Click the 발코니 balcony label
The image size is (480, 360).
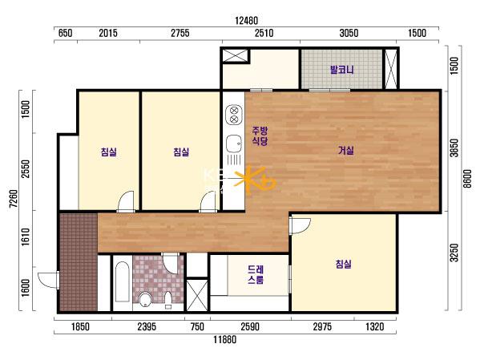pos(341,70)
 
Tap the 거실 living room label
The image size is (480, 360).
pos(346,150)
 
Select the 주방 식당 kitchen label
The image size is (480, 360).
pos(260,136)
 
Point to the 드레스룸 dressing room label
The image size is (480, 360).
pos(256,274)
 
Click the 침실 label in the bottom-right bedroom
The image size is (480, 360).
pos(343,264)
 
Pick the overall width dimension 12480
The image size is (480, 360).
pos(247,21)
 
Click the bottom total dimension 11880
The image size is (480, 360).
pos(225,339)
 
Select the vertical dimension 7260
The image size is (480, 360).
pos(13,199)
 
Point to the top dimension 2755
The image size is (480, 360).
pos(180,33)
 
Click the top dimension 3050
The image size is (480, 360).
pos(349,33)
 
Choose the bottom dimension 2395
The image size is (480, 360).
pos(147,326)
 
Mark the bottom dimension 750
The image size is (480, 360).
pos(197,326)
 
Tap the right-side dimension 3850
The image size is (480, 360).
pos(454,148)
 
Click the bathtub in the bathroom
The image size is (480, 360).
pos(123,281)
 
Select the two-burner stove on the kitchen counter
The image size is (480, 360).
pos(234,115)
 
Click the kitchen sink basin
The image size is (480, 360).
pos(234,144)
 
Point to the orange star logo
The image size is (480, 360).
pos(255,180)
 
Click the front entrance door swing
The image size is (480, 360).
pos(48,280)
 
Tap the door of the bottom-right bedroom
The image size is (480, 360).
pos(300,225)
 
